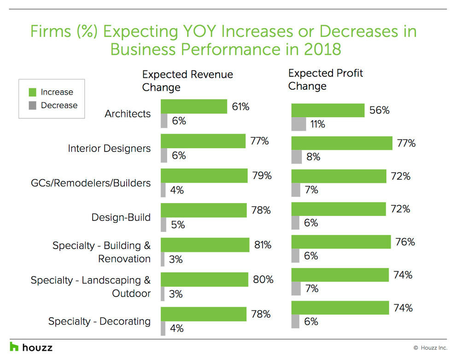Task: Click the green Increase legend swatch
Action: coord(32,92)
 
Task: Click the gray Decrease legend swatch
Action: coord(32,105)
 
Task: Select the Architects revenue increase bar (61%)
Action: coord(193,106)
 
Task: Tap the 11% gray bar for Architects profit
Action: coord(298,124)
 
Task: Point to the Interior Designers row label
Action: coord(109,148)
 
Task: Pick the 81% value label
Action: coord(263,245)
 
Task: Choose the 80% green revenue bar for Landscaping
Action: coord(204,279)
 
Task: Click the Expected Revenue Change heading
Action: coord(187,81)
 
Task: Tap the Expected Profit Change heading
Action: coord(325,79)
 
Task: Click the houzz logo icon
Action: coord(14,347)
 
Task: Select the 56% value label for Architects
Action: coord(379,110)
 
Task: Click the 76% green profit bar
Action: coord(341,242)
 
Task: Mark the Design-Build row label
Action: coord(121,217)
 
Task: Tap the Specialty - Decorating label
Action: coord(99,321)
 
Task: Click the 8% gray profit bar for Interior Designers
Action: coord(297,157)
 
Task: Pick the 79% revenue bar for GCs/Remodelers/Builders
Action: coord(204,176)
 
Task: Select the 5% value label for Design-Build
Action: coord(178,225)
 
